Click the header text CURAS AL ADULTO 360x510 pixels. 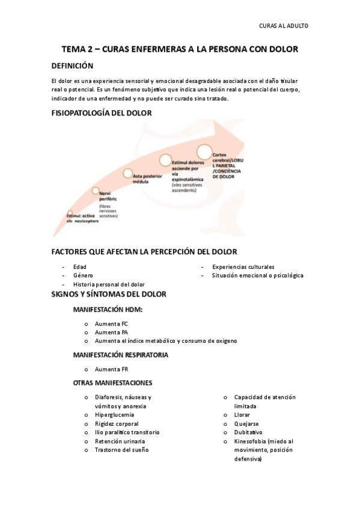283,25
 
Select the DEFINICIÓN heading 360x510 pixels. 72,66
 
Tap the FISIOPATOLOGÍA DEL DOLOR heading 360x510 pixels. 102,112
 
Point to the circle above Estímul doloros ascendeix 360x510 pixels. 166,159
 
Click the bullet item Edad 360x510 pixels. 79,266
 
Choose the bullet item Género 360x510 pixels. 82,275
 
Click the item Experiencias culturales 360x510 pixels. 243,266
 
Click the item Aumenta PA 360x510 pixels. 111,332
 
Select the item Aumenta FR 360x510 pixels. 111,369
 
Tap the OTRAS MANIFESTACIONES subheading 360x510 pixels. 112,383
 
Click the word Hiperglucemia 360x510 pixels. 114,414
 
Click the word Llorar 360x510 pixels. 242,414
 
